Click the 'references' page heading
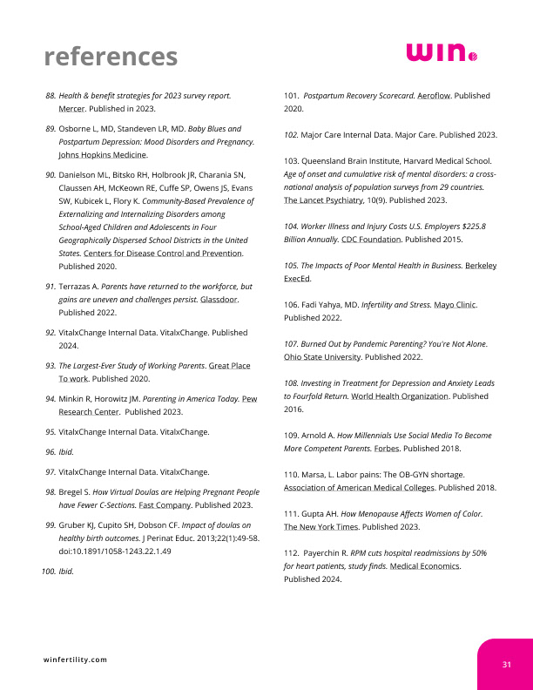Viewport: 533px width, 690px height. pos(111,57)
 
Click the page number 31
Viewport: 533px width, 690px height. pos(506,665)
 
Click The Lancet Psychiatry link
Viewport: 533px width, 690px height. pos(324,200)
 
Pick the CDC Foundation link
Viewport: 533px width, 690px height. pos(371,238)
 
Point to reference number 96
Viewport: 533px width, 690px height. pos(50,453)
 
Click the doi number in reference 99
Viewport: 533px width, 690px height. pos(114,551)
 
